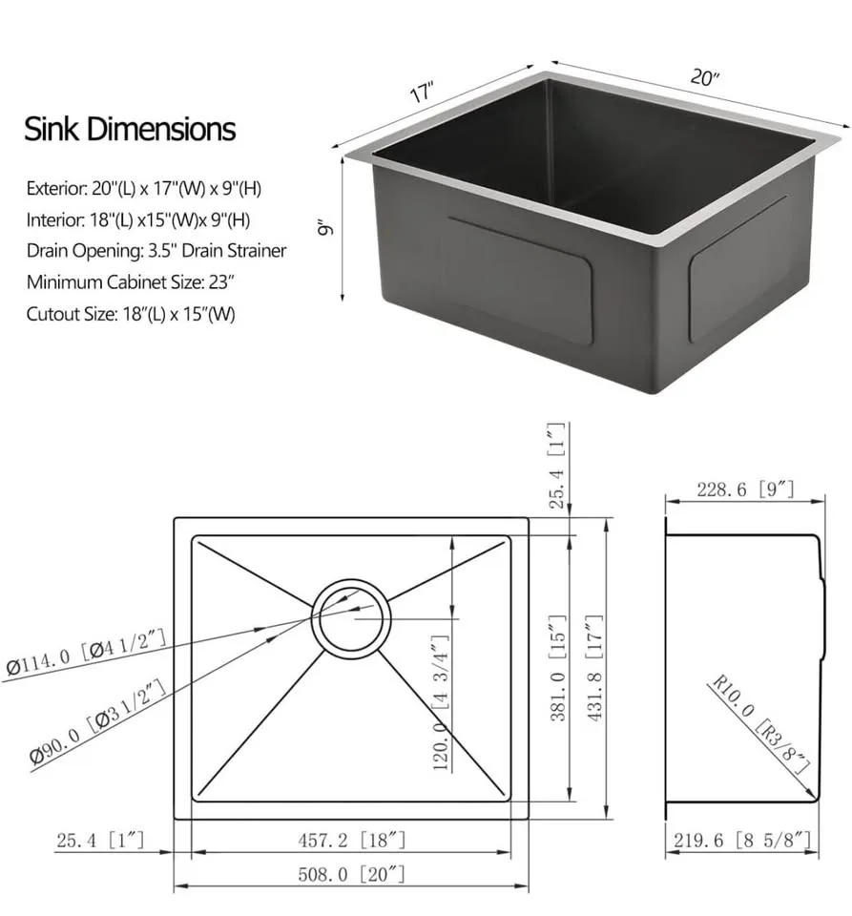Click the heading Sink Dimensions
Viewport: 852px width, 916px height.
coord(130,129)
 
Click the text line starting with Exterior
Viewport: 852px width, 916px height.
coord(144,189)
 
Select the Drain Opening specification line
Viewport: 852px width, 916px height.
coord(156,251)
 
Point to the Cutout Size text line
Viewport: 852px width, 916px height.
coord(131,314)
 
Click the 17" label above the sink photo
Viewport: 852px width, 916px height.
coord(422,93)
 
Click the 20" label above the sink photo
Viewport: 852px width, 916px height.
coord(704,78)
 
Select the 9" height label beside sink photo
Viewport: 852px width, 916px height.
coord(324,229)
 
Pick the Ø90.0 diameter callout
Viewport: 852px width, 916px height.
coord(99,720)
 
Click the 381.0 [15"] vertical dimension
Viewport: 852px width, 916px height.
coord(559,668)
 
